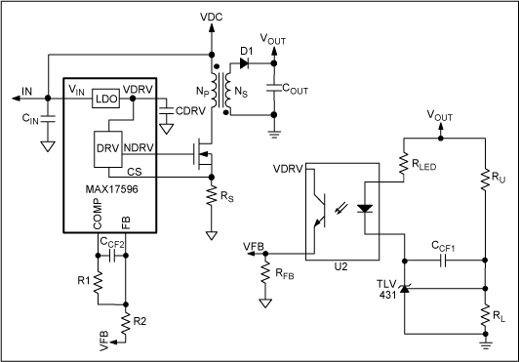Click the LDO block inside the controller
pos(106,99)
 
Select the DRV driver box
pos(108,149)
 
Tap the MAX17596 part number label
pos(112,189)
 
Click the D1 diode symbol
pos(244,62)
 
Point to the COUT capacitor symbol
pos(274,88)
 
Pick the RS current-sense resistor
pos(211,196)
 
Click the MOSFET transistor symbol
pos(203,154)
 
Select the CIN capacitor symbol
pos(48,119)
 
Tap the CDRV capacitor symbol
pos(166,110)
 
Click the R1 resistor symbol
pos(98,282)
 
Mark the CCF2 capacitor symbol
pos(112,256)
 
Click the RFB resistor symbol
pos(265,272)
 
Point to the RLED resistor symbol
pos(404,164)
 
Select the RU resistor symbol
pos(485,180)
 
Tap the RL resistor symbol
pos(485,315)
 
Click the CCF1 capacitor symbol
pos(443,261)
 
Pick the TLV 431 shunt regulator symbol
pos(404,289)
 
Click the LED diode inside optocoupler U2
pos(365,209)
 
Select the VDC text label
pos(212,17)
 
